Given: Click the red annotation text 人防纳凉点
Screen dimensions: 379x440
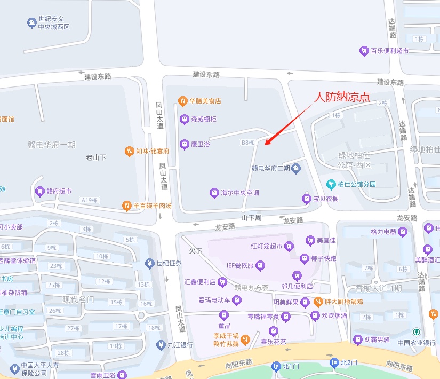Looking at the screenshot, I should pyautogui.click(x=342, y=97).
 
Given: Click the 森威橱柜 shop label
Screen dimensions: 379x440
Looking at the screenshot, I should pyautogui.click(x=204, y=119).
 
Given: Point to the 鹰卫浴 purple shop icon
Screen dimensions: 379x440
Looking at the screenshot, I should pyautogui.click(x=184, y=144).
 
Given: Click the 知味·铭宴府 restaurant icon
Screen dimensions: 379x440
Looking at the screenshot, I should pyautogui.click(x=129, y=151).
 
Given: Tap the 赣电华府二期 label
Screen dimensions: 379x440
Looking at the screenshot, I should pyautogui.click(x=271, y=168).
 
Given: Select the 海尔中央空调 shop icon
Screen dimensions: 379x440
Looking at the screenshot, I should pyautogui.click(x=214, y=192).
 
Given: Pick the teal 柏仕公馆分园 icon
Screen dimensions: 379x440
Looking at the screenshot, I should pyautogui.click(x=331, y=184).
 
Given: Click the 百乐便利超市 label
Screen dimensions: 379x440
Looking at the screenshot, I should pyautogui.click(x=389, y=51).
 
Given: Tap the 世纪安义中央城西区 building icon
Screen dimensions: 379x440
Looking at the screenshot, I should pyautogui.click(x=31, y=22).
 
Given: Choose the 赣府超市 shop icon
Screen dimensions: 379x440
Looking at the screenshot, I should pyautogui.click(x=39, y=191).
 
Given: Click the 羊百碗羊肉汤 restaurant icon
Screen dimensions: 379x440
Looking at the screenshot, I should pyautogui.click(x=126, y=205).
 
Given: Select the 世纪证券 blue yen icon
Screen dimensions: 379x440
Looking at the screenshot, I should pyautogui.click(x=149, y=263).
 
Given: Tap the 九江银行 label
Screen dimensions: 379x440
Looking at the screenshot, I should pyautogui.click(x=180, y=345).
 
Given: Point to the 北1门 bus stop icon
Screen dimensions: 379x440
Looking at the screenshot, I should pyautogui.click(x=276, y=366).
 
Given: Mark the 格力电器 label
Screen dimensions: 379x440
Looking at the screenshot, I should pyautogui.click(x=383, y=232).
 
